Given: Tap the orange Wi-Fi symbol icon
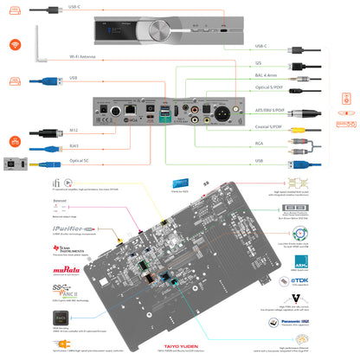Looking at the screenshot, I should tap(15, 44).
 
